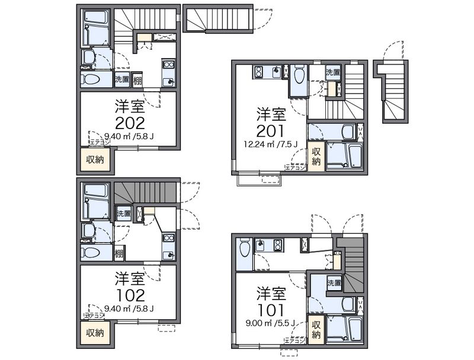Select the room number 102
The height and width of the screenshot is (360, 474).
pyautogui.click(x=129, y=294)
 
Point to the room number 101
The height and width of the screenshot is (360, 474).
pyautogui.click(x=271, y=310)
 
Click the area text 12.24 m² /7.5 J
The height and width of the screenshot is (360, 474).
pyautogui.click(x=271, y=144)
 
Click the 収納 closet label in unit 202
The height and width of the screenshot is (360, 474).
pyautogui.click(x=95, y=159)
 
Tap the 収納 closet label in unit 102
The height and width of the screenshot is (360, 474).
pyautogui.click(x=95, y=333)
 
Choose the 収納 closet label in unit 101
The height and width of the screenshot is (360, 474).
pyautogui.click(x=316, y=329)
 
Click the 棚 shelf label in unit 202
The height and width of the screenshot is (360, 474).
pyautogui.click(x=137, y=80)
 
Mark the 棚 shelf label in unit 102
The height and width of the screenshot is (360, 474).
pyautogui.click(x=119, y=253)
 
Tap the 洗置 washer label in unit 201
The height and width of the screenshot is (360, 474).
pyautogui.click(x=332, y=73)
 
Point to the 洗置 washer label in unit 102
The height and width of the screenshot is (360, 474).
pyautogui.click(x=124, y=213)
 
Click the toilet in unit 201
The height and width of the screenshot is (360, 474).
pyautogui.click(x=299, y=76)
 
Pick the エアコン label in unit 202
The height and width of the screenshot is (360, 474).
pyautogui.click(x=99, y=142)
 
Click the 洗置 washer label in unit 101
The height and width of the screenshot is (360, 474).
pyautogui.click(x=334, y=284)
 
